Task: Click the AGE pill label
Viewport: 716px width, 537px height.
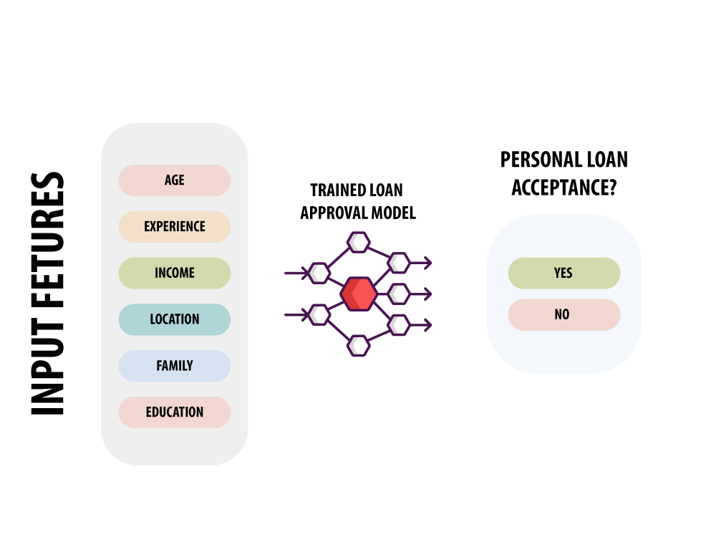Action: coord(175,180)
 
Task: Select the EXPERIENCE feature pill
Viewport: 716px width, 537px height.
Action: coord(175,226)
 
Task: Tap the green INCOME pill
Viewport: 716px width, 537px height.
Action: coord(175,273)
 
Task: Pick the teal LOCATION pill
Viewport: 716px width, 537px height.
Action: coord(175,319)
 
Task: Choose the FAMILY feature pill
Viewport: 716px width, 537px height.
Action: coord(175,366)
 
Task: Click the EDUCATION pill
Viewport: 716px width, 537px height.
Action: coord(175,412)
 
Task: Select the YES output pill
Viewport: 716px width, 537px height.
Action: coord(564,273)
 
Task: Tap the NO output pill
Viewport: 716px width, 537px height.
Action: coord(564,314)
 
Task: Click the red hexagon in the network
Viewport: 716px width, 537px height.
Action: coord(359,294)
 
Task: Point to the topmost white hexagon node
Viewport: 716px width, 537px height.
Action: coord(359,242)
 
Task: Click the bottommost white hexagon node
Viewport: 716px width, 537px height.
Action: coord(359,346)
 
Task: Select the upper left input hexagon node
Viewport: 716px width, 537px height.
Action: coord(319,273)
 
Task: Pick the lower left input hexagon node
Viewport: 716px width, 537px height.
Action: coord(319,314)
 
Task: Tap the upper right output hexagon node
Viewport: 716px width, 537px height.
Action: coord(399,263)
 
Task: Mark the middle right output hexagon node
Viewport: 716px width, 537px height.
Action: coord(399,294)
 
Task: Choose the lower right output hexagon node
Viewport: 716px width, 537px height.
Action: coord(399,325)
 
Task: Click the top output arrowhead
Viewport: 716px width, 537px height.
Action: coord(427,263)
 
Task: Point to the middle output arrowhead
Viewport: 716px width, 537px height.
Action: coord(427,294)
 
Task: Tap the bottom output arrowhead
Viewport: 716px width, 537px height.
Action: coord(427,325)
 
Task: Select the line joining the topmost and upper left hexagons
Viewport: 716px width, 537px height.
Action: coord(339,258)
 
